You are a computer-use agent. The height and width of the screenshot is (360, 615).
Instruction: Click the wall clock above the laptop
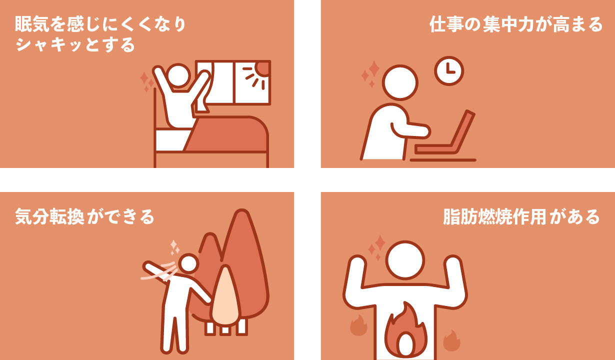point(449,71)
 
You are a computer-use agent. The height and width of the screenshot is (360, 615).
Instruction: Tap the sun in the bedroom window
point(262,69)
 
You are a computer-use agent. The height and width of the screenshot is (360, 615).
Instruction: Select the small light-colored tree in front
point(225,296)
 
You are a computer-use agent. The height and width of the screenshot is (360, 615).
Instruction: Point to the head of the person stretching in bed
point(178,76)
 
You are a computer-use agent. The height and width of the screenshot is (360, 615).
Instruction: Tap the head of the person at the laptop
point(400,82)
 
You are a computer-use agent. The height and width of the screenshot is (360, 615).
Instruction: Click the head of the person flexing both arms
point(405,260)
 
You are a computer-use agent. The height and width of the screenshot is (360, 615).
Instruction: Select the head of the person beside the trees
point(188,263)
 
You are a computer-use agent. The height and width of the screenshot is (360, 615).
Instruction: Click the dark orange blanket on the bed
point(227,134)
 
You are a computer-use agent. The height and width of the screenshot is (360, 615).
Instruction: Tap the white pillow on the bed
point(172,140)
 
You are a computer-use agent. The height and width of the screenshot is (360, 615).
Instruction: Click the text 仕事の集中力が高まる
point(516,24)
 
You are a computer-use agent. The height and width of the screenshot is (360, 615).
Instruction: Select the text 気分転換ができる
point(84,216)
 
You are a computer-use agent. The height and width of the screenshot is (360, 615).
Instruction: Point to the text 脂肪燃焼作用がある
point(521,216)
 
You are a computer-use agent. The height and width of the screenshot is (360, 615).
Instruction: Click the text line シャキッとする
point(75,45)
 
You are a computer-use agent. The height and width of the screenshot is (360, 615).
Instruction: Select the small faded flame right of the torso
point(451,340)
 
